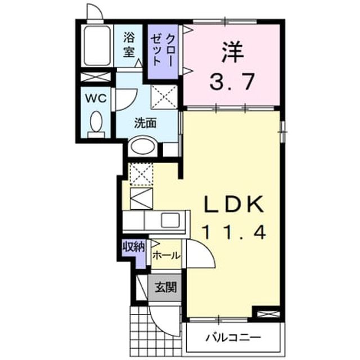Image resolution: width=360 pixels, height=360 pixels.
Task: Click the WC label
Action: (x=96, y=98)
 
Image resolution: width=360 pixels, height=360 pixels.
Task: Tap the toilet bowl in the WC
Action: (x=96, y=121)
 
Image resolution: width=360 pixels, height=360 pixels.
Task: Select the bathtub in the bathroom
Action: (x=97, y=46)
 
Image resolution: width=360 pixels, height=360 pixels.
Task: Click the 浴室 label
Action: (x=129, y=45)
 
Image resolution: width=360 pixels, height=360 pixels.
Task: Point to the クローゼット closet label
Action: (x=162, y=50)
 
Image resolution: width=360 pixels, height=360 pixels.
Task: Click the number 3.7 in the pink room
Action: (x=232, y=82)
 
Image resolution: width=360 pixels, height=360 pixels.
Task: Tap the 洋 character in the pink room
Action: (x=232, y=52)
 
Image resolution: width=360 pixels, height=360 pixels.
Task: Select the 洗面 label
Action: (x=145, y=123)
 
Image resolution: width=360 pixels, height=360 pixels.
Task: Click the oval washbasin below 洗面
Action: (x=142, y=146)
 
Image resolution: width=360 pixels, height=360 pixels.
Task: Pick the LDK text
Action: (x=234, y=204)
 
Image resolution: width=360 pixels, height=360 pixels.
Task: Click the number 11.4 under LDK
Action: (x=234, y=232)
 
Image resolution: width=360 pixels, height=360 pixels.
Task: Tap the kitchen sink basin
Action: (x=170, y=220)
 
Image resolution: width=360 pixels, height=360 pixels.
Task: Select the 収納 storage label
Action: (x=134, y=247)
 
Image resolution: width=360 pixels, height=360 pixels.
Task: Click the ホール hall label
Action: (x=166, y=255)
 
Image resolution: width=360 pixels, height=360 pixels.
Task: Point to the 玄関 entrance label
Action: (x=165, y=287)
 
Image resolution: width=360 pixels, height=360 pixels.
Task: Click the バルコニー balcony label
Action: (x=233, y=337)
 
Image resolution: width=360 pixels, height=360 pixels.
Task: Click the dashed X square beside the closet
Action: (x=164, y=96)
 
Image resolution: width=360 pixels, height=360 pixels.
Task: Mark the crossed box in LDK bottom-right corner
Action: (x=268, y=314)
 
